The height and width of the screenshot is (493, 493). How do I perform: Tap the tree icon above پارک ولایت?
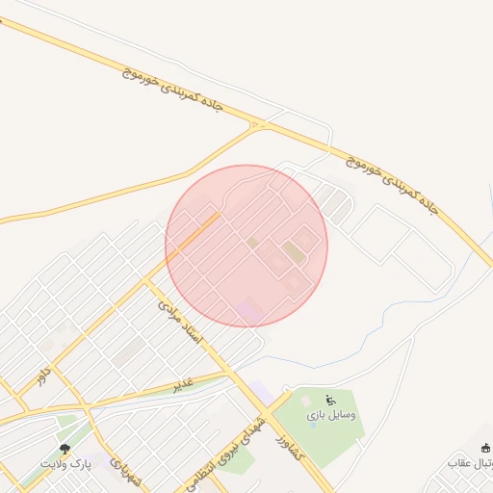pos(65,448)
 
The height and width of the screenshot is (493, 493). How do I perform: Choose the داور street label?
pos(43,375)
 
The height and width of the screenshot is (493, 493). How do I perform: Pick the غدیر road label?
pos(183,383)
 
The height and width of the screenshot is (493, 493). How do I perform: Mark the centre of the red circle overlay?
pos(246,246)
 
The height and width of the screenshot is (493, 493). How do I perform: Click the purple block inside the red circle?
pos(249,310)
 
